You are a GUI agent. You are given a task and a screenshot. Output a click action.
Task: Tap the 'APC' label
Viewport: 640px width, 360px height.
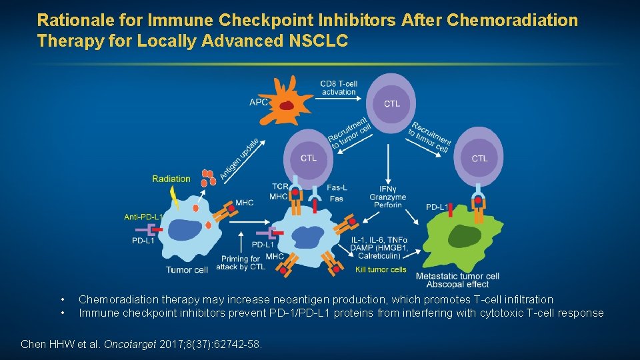(x=259, y=102)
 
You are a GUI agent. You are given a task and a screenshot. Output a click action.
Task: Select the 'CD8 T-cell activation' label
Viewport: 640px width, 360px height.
(x=339, y=87)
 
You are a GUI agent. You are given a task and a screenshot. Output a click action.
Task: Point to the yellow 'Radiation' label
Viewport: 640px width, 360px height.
(x=171, y=179)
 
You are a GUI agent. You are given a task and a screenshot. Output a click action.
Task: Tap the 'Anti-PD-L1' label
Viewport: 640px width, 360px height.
(x=143, y=217)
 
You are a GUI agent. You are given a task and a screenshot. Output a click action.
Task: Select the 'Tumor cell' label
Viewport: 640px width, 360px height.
(x=187, y=270)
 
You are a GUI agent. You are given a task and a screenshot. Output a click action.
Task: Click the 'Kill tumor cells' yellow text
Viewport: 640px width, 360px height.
(x=381, y=270)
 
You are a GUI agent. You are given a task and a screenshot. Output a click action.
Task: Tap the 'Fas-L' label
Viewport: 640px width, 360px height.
(x=337, y=187)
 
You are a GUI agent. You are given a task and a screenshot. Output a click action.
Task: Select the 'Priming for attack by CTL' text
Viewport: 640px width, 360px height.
(x=240, y=263)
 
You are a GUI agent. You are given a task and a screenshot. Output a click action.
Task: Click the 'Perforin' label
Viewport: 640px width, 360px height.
(x=388, y=205)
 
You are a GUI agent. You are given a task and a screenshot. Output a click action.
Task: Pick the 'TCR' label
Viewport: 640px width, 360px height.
(x=279, y=187)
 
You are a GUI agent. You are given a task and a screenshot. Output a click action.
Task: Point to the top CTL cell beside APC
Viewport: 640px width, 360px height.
(x=391, y=103)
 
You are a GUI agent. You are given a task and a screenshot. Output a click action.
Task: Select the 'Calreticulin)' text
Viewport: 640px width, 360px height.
(x=381, y=255)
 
